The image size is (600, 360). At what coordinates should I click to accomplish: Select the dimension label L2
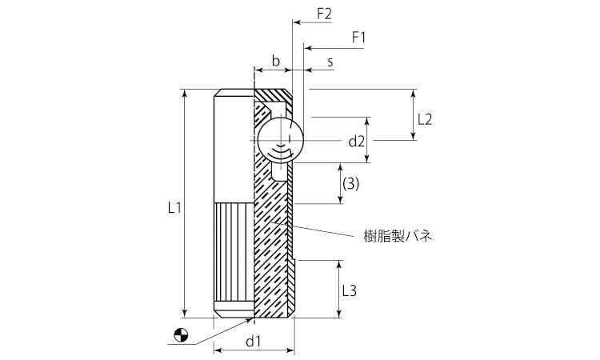[x=424, y=119]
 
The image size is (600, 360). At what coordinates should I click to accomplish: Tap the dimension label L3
[x=349, y=290]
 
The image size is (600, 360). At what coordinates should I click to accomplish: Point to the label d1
[x=254, y=342]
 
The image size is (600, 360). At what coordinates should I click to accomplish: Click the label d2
[x=356, y=142]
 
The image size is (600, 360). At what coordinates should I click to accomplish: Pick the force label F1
[x=358, y=37]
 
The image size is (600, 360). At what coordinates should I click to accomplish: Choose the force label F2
[x=324, y=14]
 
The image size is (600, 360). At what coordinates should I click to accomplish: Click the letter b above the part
[x=275, y=61]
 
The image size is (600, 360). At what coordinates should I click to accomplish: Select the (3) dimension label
[x=350, y=183]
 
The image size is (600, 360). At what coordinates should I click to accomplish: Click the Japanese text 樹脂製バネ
[x=398, y=236]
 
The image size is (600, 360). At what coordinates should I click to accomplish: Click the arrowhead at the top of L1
[x=186, y=94]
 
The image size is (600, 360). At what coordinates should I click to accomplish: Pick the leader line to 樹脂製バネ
[x=328, y=230]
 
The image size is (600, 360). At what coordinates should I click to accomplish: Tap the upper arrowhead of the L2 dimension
[x=414, y=93]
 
